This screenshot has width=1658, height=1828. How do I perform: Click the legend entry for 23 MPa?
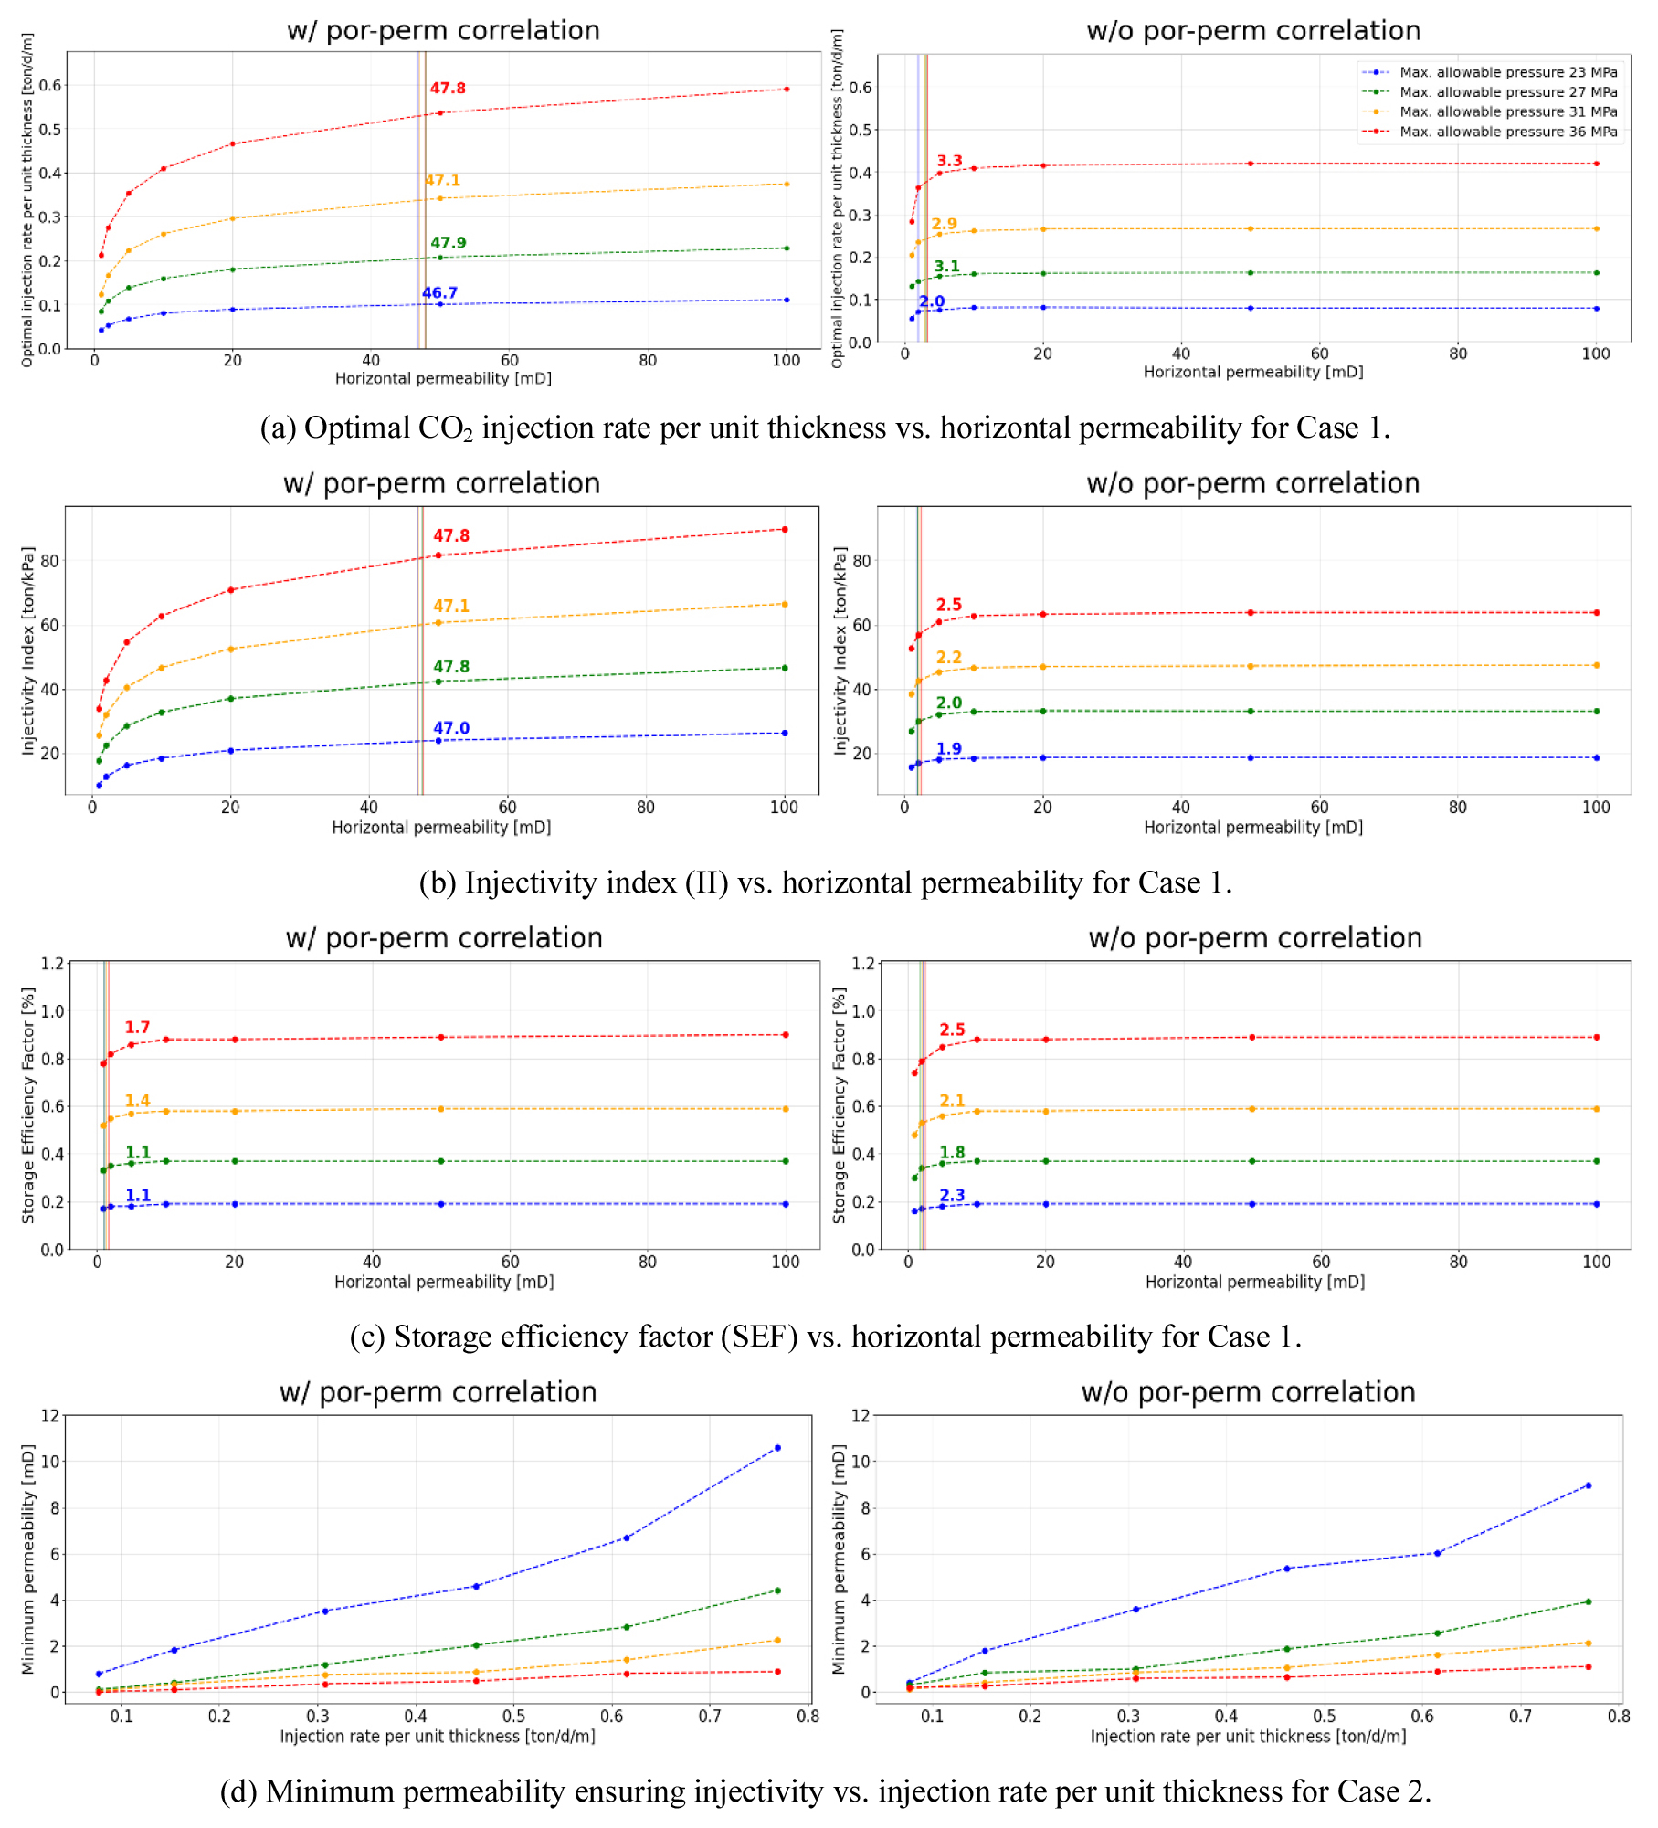click(x=1507, y=72)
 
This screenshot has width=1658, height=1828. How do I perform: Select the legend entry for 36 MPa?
click(x=1507, y=132)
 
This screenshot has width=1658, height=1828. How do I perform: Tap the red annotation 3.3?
click(x=949, y=161)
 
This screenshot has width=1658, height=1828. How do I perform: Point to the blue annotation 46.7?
click(x=439, y=293)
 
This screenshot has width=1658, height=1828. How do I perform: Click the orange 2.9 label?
click(x=944, y=224)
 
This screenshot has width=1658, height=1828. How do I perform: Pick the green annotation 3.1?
click(x=946, y=267)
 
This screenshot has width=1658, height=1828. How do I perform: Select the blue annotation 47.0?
click(x=451, y=728)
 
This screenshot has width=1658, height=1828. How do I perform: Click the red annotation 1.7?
click(x=137, y=1028)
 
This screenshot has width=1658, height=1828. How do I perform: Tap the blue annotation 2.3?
click(x=952, y=1195)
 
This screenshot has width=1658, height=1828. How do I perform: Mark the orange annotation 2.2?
click(x=948, y=658)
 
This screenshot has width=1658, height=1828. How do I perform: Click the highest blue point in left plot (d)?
click(x=777, y=1448)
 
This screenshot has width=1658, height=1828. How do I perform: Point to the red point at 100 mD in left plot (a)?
click(x=787, y=89)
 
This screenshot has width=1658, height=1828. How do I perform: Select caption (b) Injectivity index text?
click(x=825, y=882)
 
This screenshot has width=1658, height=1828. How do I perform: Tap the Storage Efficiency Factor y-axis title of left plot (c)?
click(x=28, y=1105)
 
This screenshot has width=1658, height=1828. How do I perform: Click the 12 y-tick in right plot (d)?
click(x=860, y=1416)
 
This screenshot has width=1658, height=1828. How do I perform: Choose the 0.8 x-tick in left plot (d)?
click(x=808, y=1716)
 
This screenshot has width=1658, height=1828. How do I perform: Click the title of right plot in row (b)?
click(x=1252, y=483)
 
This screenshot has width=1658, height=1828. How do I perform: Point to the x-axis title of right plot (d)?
click(x=1248, y=1736)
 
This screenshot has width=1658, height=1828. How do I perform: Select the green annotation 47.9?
click(x=449, y=243)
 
